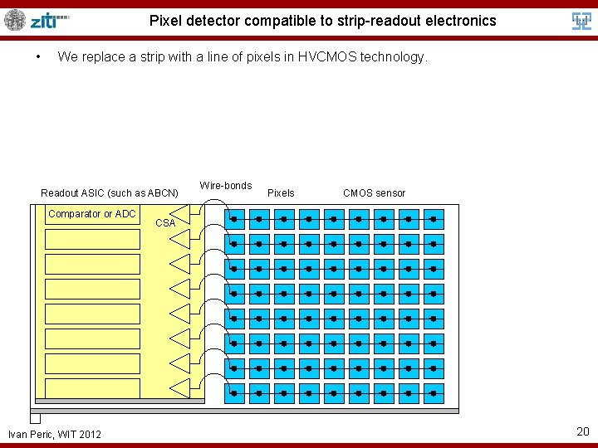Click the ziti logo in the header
49,20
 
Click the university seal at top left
15,20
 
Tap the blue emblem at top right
582,21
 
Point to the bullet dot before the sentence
38,57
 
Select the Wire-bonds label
225,186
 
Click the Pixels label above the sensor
281,193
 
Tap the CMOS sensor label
374,193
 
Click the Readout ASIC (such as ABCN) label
110,193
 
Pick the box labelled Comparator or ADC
92,214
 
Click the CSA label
165,223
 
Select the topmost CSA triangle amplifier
180,215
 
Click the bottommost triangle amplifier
180,389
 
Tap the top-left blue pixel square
234,219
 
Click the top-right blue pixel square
433,219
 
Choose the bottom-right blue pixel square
433,393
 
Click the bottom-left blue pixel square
234,393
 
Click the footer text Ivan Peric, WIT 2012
55,434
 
